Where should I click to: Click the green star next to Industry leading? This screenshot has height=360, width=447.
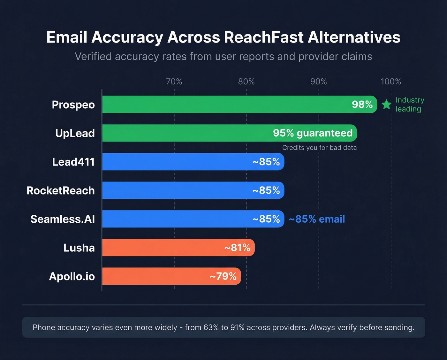pos(386,104)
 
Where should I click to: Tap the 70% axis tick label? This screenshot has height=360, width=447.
pos(174,81)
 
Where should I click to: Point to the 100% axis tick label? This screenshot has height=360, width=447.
pos(390,81)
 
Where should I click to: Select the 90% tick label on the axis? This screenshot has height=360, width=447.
pos(318,81)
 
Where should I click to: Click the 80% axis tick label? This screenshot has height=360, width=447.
pos(246,81)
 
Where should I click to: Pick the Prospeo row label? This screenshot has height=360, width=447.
pos(73,105)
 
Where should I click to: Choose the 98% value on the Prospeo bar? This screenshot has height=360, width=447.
pos(362,104)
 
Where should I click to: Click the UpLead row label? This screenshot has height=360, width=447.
pos(75,133)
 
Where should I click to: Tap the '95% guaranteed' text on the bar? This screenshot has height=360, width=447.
pos(313,133)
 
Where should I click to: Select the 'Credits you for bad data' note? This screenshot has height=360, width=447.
pos(319,148)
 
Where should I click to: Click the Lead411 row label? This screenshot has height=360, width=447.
pos(73,162)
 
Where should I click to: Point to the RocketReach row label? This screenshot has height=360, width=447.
pos(61,191)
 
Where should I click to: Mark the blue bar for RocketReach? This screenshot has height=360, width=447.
pos(176,190)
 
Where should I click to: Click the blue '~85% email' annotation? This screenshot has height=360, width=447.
pos(317,219)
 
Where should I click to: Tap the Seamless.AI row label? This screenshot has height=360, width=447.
pos(63,219)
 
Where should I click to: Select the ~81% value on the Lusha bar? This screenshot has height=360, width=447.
pos(237,248)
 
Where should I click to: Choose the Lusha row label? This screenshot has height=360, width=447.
pos(79,248)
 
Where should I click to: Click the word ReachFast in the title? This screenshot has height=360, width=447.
pos(264,37)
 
